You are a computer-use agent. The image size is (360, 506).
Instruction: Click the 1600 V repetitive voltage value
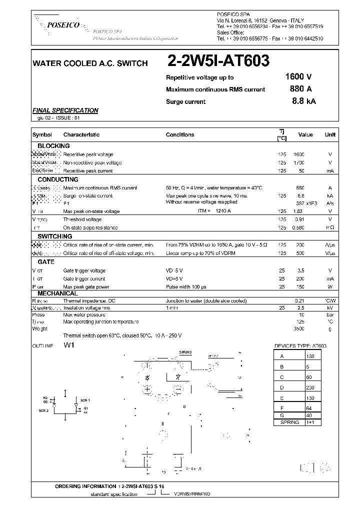298,77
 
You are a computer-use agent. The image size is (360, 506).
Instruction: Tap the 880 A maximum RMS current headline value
300,89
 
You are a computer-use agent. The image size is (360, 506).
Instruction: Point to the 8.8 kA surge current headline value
303,101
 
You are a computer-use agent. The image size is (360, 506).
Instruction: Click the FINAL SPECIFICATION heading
65,110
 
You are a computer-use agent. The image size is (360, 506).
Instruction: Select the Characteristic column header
81,134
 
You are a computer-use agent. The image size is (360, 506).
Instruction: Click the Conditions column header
180,134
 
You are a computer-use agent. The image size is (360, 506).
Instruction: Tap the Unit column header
330,134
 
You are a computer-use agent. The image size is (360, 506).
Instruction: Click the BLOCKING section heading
53,146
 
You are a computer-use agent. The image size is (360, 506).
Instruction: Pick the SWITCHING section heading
54,236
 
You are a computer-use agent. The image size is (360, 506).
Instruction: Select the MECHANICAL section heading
57,293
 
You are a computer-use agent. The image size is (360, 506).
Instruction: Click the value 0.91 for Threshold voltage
298,219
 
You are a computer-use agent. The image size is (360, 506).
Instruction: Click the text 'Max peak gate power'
86,287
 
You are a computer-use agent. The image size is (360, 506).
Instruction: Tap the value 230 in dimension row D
310,387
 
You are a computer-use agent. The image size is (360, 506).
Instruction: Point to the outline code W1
68,345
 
